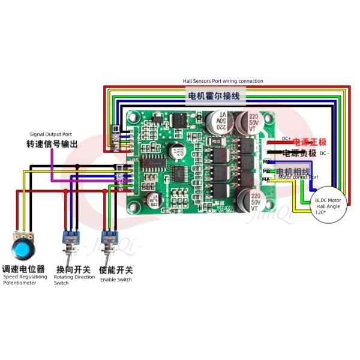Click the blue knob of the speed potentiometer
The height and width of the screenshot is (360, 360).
point(23,247)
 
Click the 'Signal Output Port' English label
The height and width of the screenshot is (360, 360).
point(51,134)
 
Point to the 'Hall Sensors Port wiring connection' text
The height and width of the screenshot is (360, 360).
point(223,81)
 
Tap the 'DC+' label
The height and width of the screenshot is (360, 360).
point(286,139)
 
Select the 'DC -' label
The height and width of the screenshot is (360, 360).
point(324,153)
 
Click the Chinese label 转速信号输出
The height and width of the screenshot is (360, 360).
point(52,145)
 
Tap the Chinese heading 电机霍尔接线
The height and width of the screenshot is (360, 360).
point(214,96)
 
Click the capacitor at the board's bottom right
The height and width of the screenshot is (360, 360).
point(255,202)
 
